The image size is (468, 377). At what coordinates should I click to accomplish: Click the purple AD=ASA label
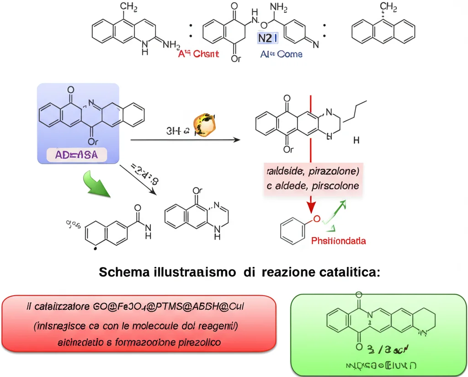pyautogui.click(x=77, y=155)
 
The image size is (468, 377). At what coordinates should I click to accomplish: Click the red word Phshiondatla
pyautogui.click(x=338, y=241)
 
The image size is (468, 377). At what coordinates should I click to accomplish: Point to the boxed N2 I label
pyautogui.click(x=267, y=38)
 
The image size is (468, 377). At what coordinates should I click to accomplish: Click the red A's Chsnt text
pyautogui.click(x=198, y=54)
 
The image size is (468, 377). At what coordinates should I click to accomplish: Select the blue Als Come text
pyautogui.click(x=281, y=54)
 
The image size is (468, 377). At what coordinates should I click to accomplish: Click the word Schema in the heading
pyautogui.click(x=122, y=272)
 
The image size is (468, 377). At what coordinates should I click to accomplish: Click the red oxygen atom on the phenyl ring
pyautogui.click(x=316, y=219)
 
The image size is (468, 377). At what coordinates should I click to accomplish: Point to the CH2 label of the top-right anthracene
pyautogui.click(x=388, y=6)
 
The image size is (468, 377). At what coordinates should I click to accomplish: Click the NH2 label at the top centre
pyautogui.click(x=279, y=7)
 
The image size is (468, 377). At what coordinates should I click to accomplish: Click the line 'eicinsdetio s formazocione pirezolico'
pyautogui.click(x=139, y=342)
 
